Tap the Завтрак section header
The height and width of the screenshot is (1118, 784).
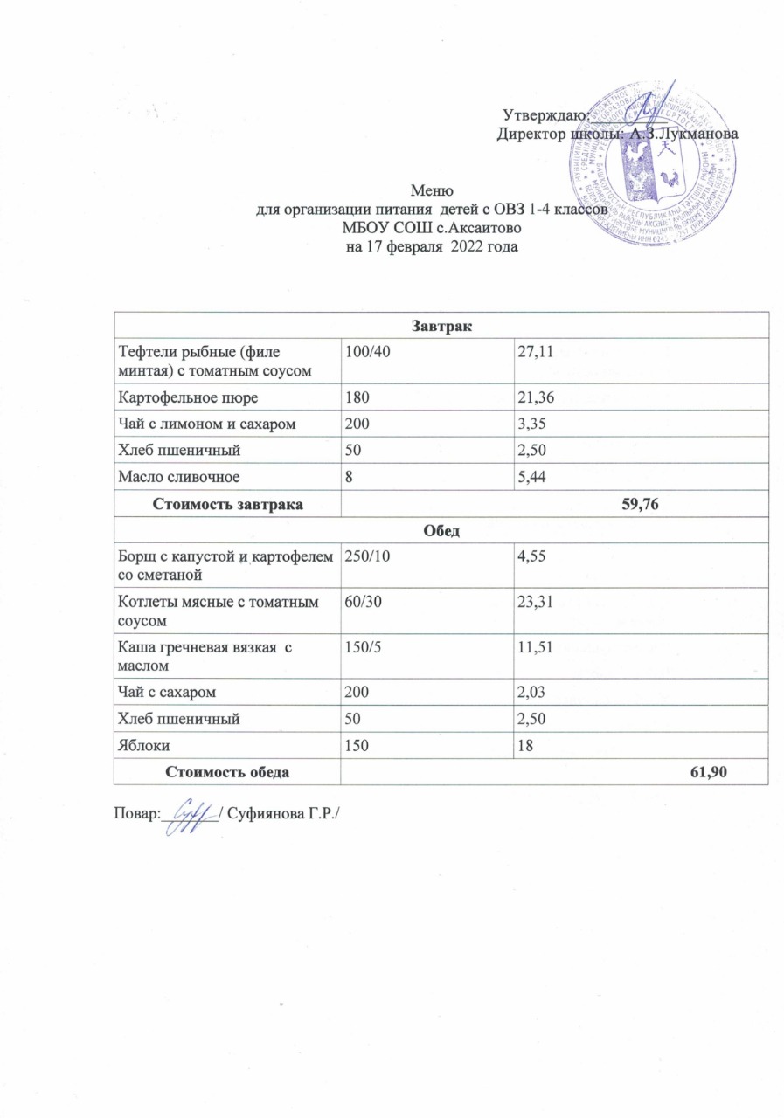[x=441, y=327]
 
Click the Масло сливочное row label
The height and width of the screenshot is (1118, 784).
[x=166, y=476]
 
